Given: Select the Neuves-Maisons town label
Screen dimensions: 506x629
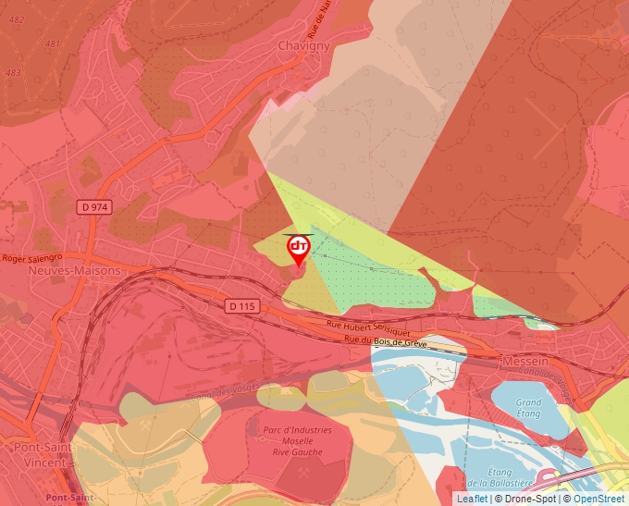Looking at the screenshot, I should pos(75,271).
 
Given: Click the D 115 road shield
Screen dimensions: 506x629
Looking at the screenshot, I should pos(243,305).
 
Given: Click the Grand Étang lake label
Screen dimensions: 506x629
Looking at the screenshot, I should pos(529,408).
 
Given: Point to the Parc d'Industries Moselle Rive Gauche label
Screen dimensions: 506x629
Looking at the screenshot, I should pos(297,440).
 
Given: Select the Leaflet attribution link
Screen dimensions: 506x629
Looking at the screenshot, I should pos(472,499).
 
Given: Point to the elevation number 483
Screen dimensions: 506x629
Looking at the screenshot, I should pos(13,72).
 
